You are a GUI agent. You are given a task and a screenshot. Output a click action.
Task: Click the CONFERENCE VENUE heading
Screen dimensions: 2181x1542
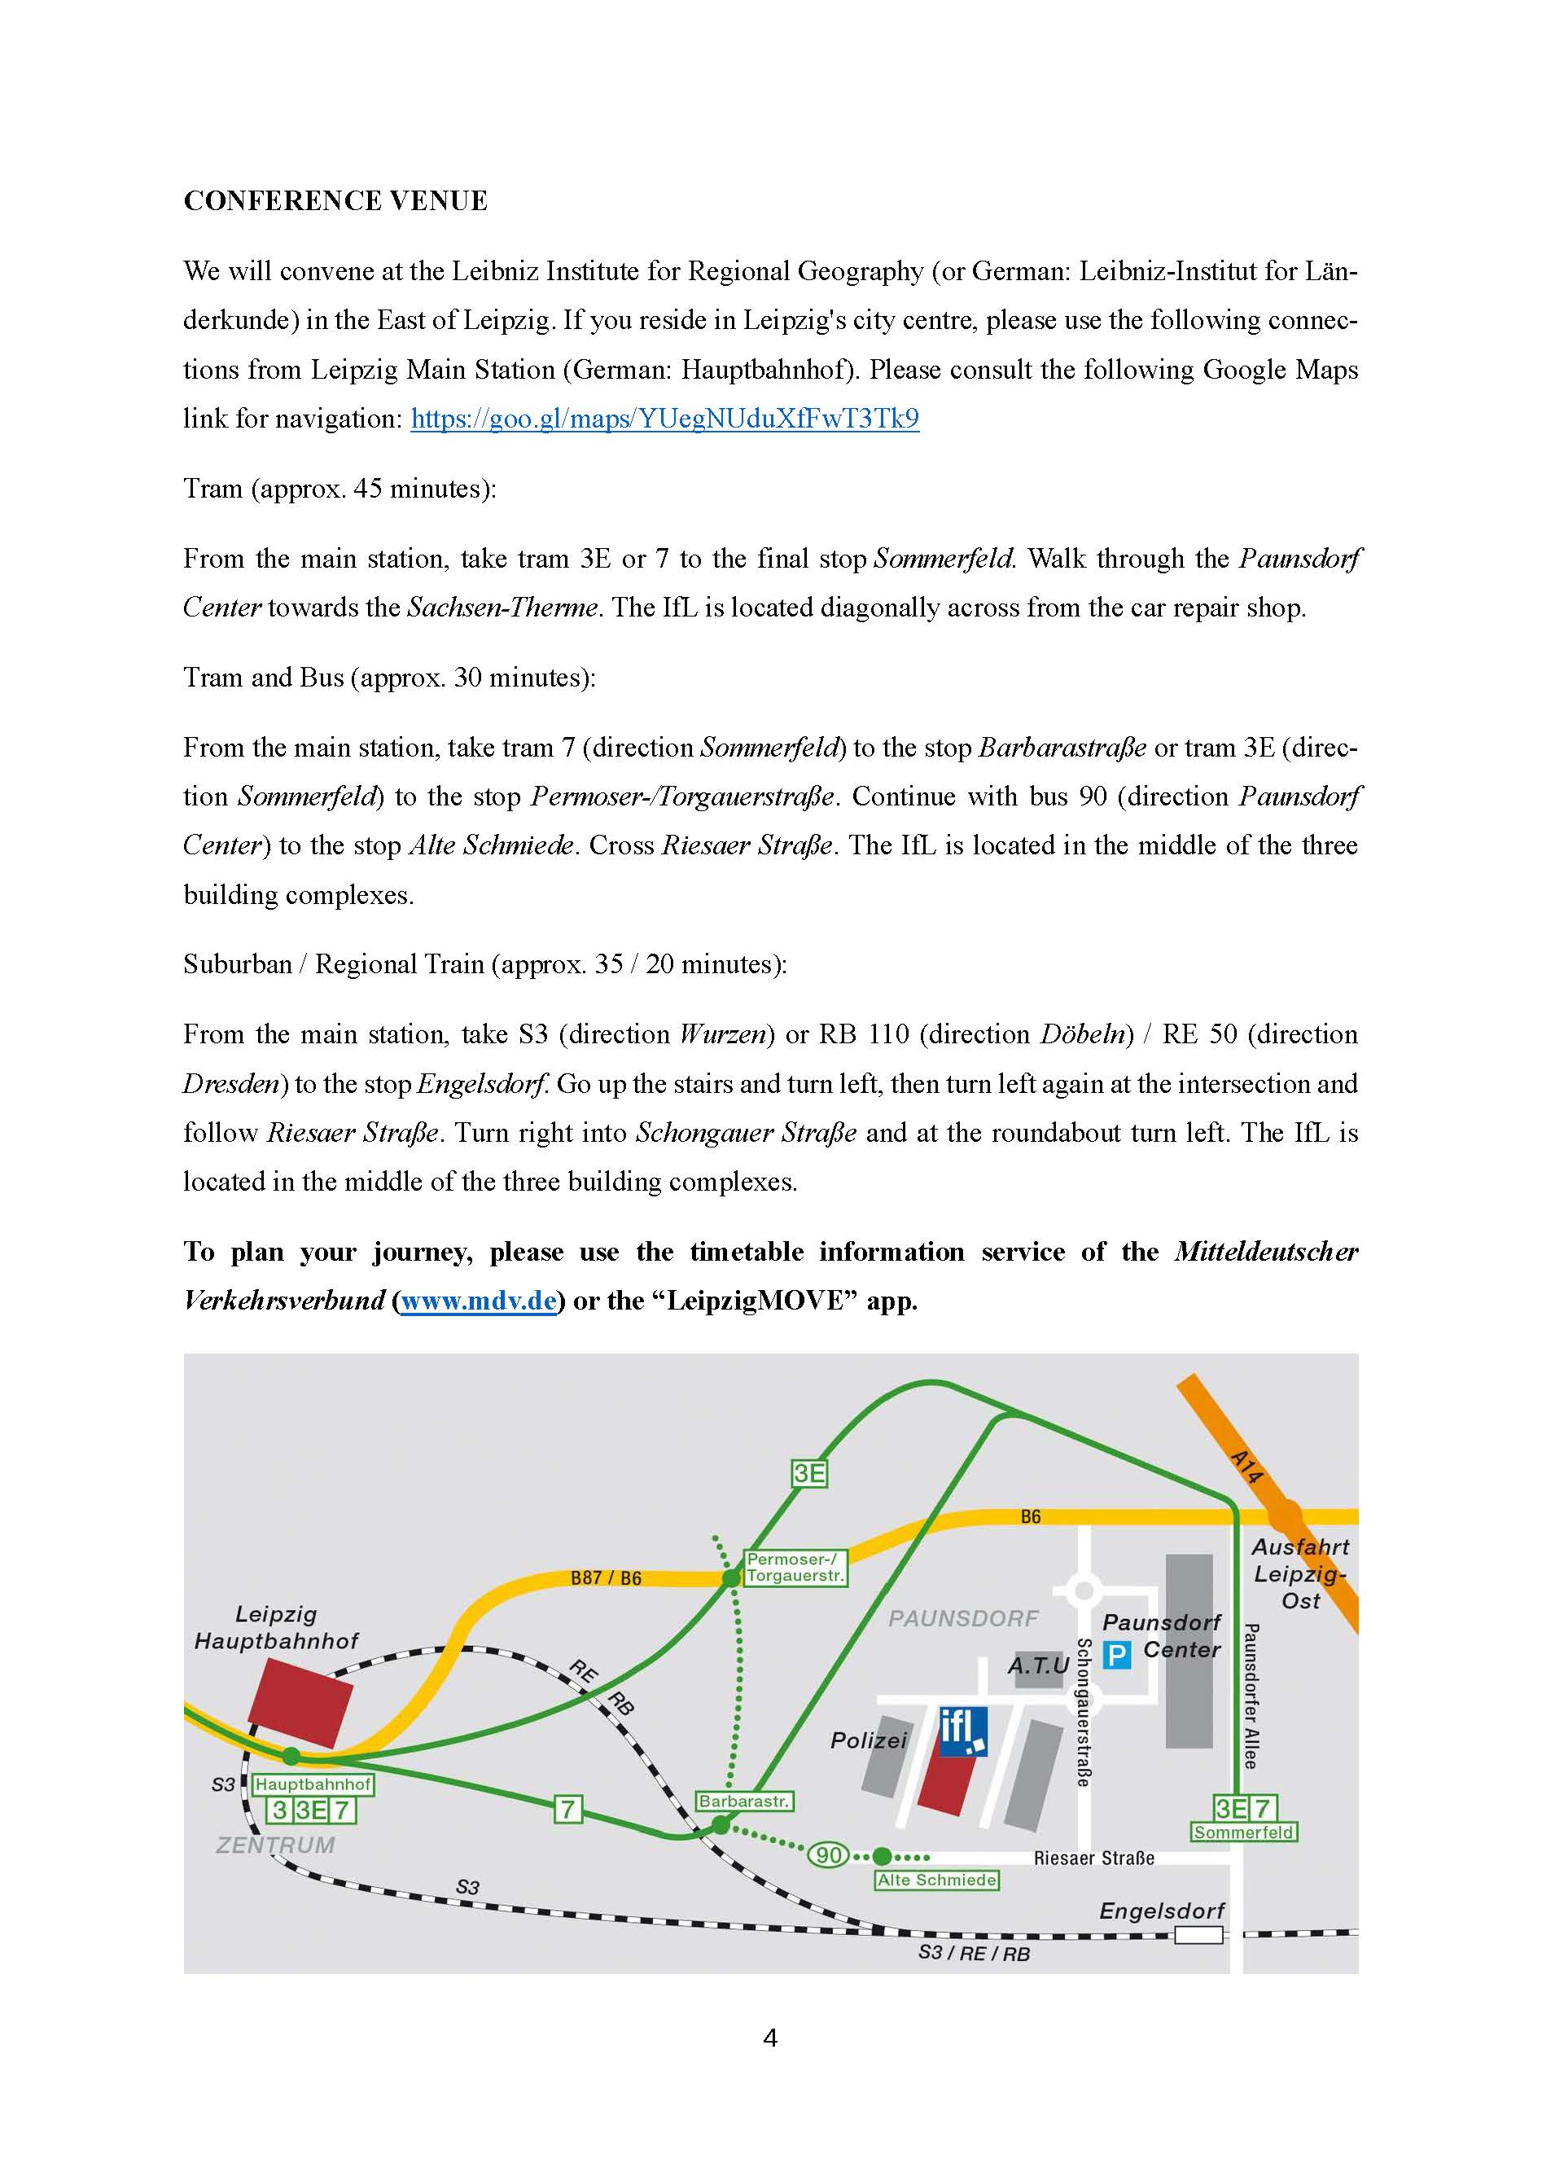point(335,201)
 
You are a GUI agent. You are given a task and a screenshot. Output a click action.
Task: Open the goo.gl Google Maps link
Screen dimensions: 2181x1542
point(664,419)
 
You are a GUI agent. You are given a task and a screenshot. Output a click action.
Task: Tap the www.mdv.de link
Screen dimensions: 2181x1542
point(478,1301)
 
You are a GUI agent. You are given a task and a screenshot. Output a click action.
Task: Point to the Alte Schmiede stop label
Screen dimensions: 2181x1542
point(936,1880)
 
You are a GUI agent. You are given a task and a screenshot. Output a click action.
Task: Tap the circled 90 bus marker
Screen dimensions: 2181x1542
point(828,1855)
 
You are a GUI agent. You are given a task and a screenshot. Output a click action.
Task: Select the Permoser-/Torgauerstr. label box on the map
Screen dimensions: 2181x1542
point(795,1568)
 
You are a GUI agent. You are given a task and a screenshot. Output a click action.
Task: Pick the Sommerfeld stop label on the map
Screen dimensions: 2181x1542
point(1244,1832)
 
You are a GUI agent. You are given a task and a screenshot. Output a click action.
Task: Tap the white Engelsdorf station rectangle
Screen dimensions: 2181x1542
point(1198,1935)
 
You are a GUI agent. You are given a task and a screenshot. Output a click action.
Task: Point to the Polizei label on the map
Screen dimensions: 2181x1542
point(868,1740)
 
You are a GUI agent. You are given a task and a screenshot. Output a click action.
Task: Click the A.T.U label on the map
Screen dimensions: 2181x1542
point(1038,1665)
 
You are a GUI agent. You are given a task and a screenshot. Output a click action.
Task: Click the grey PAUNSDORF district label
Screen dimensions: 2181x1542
point(963,1619)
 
